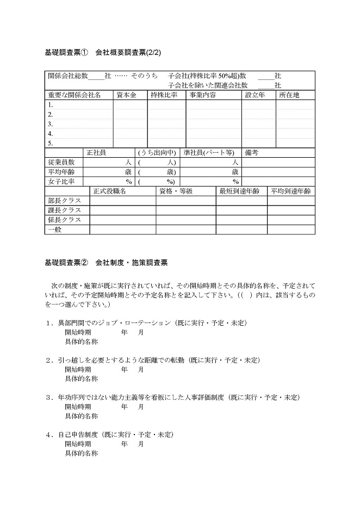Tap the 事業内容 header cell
202,95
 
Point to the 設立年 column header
255,95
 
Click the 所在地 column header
289,95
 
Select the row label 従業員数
61,162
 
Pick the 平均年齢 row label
61,172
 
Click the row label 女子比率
61,182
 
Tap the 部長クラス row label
64,201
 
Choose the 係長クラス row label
64,220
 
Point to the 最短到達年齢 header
239,191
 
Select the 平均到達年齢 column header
291,191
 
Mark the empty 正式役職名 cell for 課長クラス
122,210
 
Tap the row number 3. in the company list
50,124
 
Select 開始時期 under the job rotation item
78,332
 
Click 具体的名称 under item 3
81,415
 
